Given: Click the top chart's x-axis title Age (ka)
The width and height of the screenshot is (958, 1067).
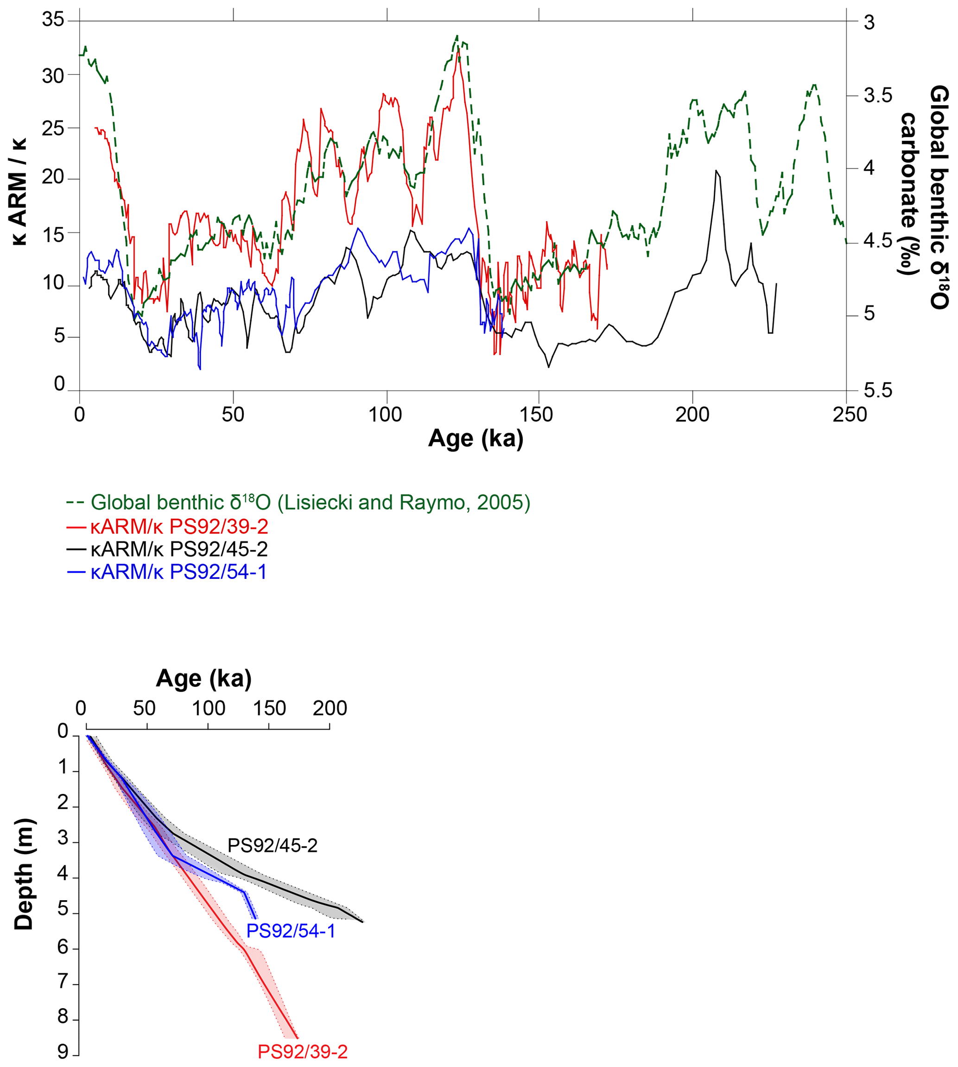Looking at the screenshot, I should coord(476,438).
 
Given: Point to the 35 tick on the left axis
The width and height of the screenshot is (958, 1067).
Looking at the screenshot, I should coord(53,20).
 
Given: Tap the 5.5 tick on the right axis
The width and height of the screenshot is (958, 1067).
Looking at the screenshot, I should coord(878,391).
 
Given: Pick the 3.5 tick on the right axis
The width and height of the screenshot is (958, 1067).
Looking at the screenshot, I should coord(878,95).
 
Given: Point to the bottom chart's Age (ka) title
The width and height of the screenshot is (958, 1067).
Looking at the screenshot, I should coord(204,679).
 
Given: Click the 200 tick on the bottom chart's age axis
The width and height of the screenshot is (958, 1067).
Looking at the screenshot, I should coord(330,709).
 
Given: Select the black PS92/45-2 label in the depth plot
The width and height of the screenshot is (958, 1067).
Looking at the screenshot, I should coord(272,846).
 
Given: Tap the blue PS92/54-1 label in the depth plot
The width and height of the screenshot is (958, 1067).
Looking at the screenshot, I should coord(291,931).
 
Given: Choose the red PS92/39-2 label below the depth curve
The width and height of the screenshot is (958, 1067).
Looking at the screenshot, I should coord(303,1052).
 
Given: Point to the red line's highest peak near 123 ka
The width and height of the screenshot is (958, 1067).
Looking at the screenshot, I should coord(458,50).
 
